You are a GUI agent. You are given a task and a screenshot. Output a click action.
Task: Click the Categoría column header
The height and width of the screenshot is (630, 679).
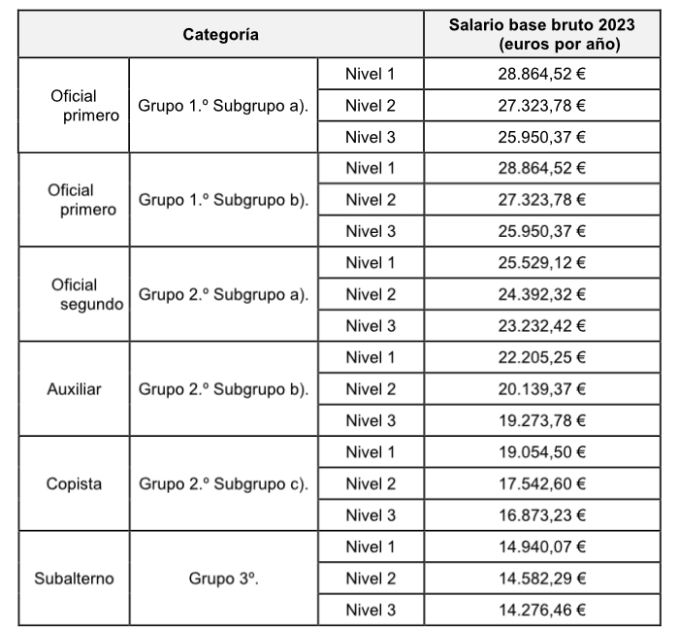[x=221, y=35]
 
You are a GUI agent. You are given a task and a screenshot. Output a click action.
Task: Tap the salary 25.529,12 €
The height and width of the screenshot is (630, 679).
[x=542, y=263]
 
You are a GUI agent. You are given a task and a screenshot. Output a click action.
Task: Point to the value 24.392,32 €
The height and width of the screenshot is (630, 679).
[x=542, y=294]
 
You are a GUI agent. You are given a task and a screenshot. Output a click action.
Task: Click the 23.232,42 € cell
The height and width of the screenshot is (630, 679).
[x=542, y=326]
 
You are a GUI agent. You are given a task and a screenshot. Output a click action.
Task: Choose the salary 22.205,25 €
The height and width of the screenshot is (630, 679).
[x=542, y=357]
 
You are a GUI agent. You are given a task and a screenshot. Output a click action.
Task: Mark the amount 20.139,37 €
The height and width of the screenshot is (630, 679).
[x=542, y=389]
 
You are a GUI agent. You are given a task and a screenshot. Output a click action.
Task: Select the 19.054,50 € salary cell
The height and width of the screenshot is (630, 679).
[x=542, y=452]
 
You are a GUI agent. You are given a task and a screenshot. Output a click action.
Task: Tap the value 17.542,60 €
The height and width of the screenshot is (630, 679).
[x=542, y=483]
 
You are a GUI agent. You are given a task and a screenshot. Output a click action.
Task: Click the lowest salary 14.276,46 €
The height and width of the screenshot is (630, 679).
[x=542, y=610]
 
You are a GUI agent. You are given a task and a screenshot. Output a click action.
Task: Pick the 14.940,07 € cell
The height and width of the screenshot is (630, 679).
[x=542, y=547]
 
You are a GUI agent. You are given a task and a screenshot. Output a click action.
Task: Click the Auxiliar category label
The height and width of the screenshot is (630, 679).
[x=74, y=389]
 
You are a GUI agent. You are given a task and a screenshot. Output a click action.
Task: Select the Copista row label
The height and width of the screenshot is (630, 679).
[x=74, y=483]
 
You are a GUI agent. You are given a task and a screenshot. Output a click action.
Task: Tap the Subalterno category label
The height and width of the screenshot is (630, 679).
[x=74, y=579]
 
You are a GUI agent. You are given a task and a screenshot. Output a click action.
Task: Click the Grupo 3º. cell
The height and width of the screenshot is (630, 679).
[x=223, y=579]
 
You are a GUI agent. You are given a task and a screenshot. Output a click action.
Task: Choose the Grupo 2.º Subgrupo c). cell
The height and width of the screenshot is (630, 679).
[x=223, y=483]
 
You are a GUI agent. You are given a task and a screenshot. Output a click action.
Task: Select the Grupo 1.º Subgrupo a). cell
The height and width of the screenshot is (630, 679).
[x=223, y=105]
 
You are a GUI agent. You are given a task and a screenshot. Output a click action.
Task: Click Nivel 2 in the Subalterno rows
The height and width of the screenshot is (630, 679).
[x=371, y=579]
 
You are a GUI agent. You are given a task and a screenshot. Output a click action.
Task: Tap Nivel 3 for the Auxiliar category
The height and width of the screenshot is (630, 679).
[x=371, y=420]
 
